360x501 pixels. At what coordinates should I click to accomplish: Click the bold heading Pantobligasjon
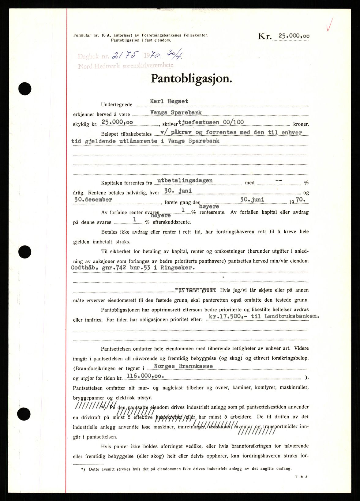pyautogui.click(x=191, y=79)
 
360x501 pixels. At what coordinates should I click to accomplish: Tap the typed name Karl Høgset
pyautogui.click(x=169, y=101)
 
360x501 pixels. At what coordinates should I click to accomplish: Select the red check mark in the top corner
pyautogui.click(x=330, y=24)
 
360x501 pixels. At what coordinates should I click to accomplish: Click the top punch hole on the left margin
pyautogui.click(x=25, y=89)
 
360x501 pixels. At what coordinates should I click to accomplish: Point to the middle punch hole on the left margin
pyautogui.click(x=25, y=252)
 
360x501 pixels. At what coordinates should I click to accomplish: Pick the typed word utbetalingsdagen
pyautogui.click(x=185, y=180)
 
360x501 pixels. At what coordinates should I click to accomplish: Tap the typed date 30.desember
pyautogui.click(x=93, y=199)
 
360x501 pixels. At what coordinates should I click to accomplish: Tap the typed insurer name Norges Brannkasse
pyautogui.click(x=183, y=366)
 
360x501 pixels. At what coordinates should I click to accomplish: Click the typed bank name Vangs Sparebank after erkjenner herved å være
pyautogui.click(x=176, y=112)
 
